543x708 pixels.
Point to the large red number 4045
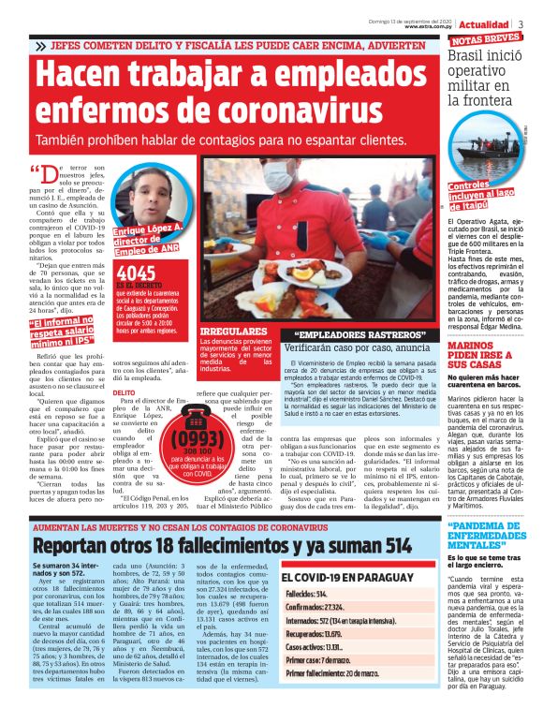(136, 273)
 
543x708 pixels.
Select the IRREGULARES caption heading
(229, 332)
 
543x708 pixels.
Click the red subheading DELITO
(125, 392)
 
